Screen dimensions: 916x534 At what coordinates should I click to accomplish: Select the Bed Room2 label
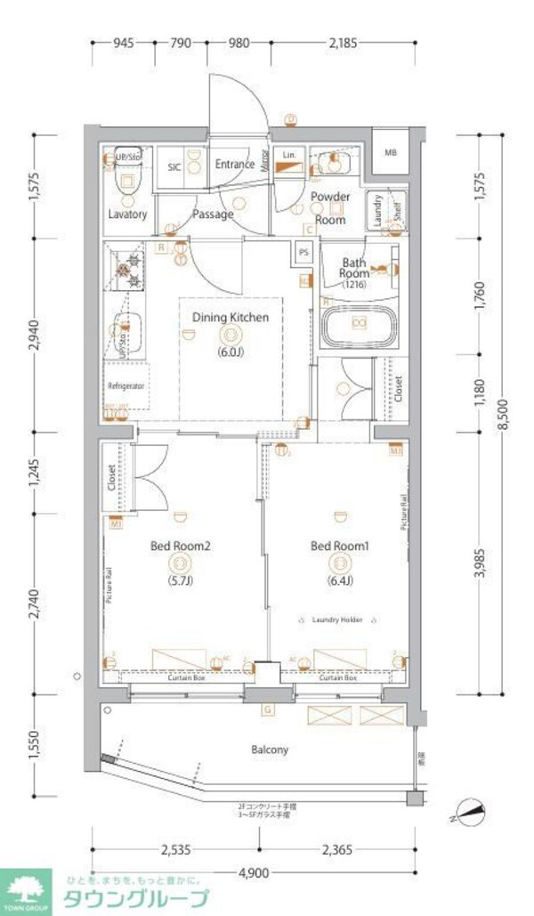181,546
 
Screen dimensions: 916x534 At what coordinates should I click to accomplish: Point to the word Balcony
269,750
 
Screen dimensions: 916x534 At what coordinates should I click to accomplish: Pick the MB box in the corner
391,152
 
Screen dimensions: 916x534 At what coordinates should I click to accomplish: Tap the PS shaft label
303,251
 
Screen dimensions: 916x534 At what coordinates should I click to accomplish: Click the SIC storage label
175,166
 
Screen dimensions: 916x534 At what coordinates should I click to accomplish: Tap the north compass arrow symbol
468,812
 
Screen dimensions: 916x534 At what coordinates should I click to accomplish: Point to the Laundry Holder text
337,620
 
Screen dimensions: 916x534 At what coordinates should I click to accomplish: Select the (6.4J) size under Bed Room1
338,580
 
